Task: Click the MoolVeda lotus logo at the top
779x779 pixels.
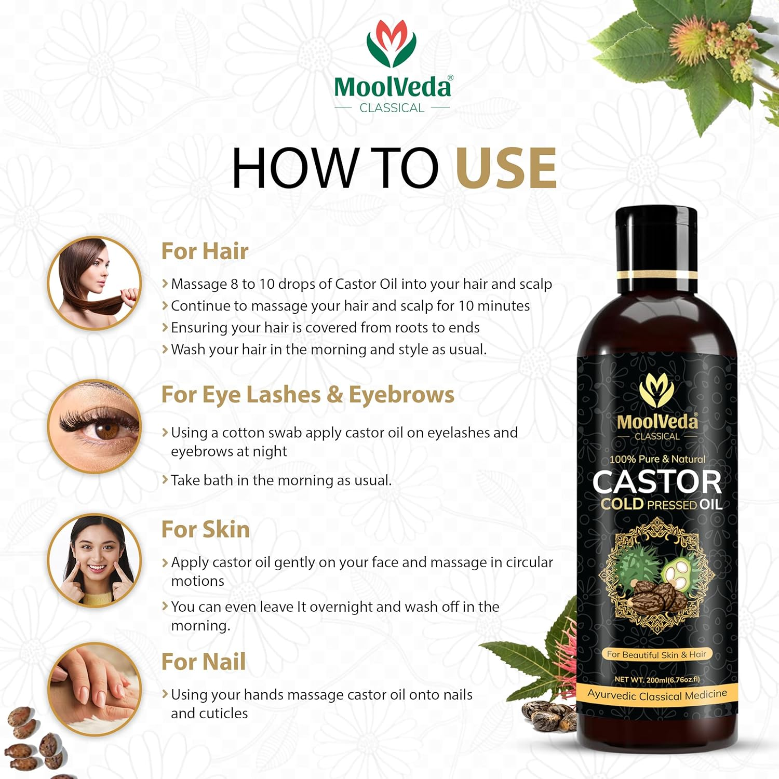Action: click(x=392, y=45)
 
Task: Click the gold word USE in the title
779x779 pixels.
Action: click(x=506, y=168)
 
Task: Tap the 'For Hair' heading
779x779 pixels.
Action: click(x=205, y=251)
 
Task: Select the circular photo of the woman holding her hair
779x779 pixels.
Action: click(x=95, y=283)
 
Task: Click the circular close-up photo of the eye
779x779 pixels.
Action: click(x=95, y=426)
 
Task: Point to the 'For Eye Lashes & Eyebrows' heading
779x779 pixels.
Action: click(x=307, y=395)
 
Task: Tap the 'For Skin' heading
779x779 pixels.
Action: click(x=206, y=530)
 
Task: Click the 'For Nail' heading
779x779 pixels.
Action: click(x=204, y=662)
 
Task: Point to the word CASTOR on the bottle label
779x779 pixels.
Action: click(x=657, y=482)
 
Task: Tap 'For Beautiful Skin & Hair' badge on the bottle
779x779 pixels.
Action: click(x=656, y=654)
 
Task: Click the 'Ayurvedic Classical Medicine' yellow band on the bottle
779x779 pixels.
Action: click(x=657, y=695)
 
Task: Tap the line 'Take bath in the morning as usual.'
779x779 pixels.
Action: click(x=281, y=480)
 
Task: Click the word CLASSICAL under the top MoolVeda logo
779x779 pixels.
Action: click(x=392, y=108)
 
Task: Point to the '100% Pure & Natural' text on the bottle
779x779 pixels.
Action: click(x=657, y=459)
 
